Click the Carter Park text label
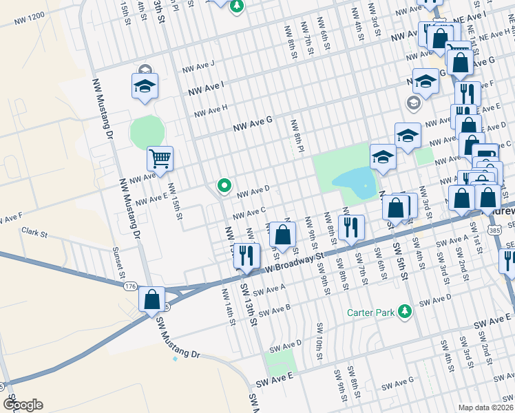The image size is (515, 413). click(370, 313)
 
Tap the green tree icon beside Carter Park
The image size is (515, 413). click(406, 313)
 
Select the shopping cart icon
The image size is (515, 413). click(160, 160)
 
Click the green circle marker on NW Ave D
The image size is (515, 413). click(224, 185)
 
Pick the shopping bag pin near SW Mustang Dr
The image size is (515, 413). click(152, 300)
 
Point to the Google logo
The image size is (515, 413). click(23, 405)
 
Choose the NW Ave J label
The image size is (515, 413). click(198, 67)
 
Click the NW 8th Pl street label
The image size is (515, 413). click(297, 135)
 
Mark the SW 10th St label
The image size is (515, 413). click(319, 340)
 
